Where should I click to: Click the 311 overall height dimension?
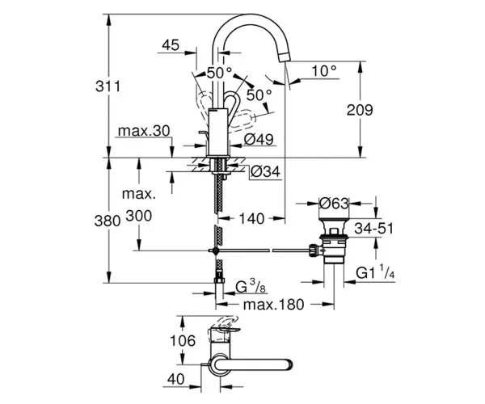tap(108, 86)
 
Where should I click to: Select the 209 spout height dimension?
tap(360, 110)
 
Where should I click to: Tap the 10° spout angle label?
tap(324, 71)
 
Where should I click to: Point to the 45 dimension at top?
tap(171, 45)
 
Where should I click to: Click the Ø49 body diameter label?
tap(259, 140)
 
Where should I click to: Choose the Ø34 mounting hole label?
tap(265, 171)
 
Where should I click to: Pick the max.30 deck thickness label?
tap(144, 131)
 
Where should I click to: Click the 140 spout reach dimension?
tap(251, 218)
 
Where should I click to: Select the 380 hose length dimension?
tap(108, 221)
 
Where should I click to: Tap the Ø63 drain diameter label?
tap(334, 204)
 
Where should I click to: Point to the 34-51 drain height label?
tap(374, 229)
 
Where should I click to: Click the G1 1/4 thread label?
tap(375, 272)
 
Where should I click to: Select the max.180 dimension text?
tap(274, 305)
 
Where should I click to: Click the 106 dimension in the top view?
tap(183, 341)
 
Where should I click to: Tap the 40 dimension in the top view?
tap(175, 379)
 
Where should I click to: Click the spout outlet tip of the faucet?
tap(286, 57)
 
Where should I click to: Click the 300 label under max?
tap(139, 216)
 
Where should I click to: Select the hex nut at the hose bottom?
tap(219, 280)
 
